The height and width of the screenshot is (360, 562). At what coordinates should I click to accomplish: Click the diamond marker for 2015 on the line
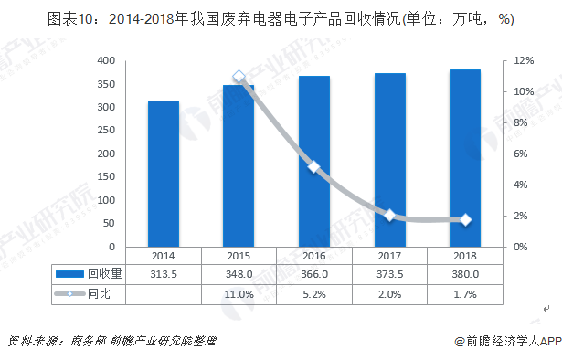[239, 77]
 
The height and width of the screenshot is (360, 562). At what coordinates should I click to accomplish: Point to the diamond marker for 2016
[314, 166]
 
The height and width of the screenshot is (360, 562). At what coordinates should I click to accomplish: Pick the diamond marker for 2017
[390, 216]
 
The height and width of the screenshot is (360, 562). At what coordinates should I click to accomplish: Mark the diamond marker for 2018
[465, 220]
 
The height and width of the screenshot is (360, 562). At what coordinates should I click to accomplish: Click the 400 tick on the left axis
[106, 60]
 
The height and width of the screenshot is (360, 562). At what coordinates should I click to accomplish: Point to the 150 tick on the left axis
[106, 177]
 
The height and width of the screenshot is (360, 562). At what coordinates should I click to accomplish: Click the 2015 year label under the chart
[239, 257]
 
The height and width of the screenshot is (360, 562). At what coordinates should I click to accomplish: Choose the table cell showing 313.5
[164, 274]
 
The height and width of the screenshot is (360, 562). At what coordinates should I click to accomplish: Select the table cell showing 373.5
[390, 274]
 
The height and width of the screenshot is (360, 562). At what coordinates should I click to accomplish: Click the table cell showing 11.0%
[239, 294]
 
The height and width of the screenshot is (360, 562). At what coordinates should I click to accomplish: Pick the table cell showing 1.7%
[465, 294]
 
